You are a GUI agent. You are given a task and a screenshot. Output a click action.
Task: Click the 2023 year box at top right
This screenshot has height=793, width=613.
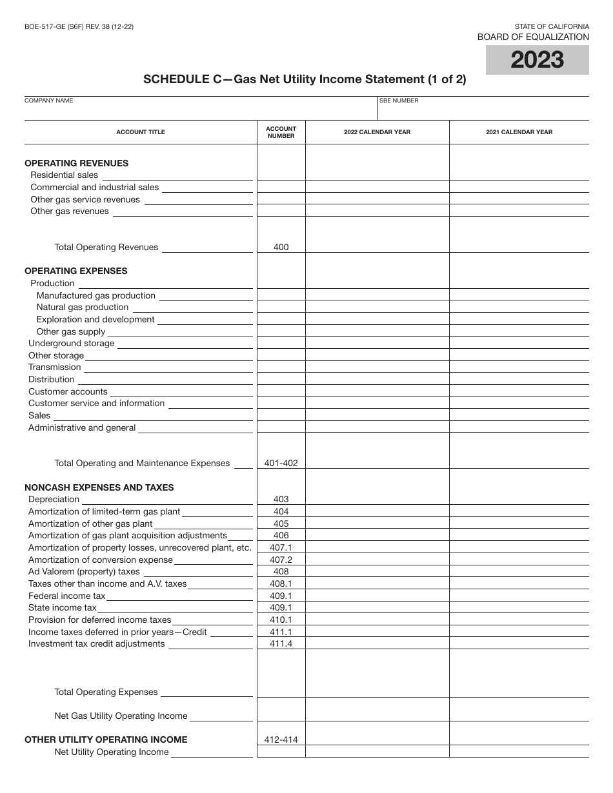point(537,60)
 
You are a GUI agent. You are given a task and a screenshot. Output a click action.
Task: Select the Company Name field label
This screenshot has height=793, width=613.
point(49,101)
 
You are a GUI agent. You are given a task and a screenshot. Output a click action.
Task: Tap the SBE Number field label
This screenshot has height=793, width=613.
point(399,101)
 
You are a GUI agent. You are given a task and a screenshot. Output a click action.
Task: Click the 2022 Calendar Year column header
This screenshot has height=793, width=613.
point(377,132)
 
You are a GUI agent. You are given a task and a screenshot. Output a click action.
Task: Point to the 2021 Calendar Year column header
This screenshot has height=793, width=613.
point(519,132)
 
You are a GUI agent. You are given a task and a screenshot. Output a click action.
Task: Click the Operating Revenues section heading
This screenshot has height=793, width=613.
point(76,163)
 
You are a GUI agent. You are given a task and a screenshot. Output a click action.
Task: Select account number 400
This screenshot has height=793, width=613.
point(281,247)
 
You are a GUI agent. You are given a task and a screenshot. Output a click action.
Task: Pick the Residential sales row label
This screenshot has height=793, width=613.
point(64,175)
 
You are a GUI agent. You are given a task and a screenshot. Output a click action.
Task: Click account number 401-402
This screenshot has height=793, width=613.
point(281,463)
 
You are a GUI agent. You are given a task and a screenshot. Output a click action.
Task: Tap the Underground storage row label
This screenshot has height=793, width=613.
point(71,344)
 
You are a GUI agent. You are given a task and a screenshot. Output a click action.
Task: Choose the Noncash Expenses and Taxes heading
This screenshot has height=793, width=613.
point(99,487)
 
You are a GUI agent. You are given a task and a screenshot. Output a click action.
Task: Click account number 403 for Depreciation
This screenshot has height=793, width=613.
point(281,499)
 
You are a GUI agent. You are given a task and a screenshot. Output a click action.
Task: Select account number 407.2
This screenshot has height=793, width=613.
point(281,560)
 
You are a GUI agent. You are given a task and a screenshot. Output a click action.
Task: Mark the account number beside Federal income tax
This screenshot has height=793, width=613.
point(281,596)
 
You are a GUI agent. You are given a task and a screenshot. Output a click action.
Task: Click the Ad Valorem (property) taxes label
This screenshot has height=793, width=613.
point(84,571)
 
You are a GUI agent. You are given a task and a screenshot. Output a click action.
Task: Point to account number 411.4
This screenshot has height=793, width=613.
point(281,643)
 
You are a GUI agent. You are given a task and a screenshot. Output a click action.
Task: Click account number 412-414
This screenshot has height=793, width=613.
point(281,739)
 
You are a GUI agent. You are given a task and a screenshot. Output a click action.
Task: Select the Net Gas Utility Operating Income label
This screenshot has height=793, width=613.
point(121,716)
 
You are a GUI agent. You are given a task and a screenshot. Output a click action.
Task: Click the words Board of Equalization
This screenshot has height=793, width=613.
point(533,37)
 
